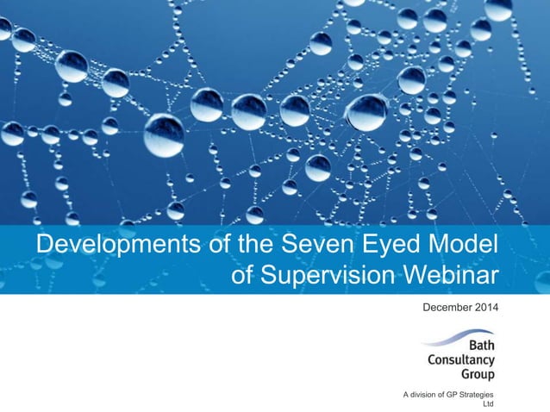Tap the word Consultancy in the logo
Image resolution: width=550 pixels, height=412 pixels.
[461, 359]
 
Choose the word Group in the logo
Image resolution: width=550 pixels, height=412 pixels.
[478, 374]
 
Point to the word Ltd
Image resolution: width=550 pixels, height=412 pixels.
[489, 403]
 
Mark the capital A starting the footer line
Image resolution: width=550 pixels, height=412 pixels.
[406, 394]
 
